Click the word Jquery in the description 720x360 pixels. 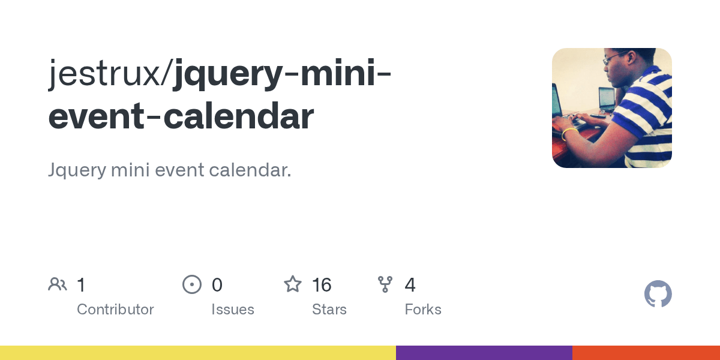[76, 170]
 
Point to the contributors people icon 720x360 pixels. [58, 284]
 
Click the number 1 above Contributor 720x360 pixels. [81, 284]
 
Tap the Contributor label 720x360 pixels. [115, 310]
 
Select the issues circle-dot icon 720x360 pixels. [192, 284]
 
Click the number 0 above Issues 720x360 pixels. [217, 284]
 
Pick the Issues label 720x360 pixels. [233, 310]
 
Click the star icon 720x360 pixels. [293, 284]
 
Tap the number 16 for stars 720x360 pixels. [322, 284]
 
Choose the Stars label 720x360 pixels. [329, 310]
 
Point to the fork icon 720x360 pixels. [385, 284]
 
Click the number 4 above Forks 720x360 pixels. [410, 284]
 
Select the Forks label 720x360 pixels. [423, 310]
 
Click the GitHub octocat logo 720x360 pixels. [658, 294]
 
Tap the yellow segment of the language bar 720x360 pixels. [198, 353]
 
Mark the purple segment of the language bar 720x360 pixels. [484, 353]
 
